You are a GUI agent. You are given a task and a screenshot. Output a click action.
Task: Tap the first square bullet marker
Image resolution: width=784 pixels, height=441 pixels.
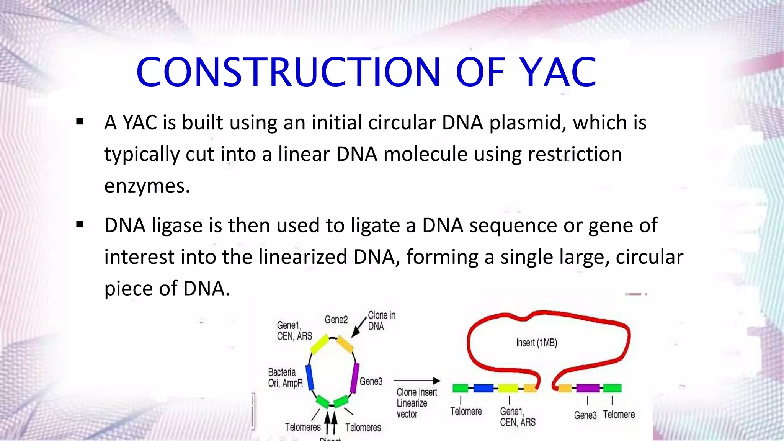[x=80, y=122]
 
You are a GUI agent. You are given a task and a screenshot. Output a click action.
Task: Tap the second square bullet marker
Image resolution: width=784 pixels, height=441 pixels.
[x=80, y=224]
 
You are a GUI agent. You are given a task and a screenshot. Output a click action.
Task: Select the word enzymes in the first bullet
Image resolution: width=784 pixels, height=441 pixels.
[x=147, y=186]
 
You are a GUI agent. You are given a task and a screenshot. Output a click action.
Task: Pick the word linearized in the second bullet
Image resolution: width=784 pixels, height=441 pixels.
[x=302, y=257]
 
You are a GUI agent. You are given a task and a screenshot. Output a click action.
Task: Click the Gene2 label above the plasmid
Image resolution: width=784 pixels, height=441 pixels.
[x=336, y=320]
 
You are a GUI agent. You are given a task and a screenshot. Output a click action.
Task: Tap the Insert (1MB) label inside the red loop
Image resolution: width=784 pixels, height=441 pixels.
[x=536, y=343]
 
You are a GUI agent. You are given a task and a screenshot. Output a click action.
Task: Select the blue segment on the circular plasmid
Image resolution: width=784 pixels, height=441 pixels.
[x=310, y=377]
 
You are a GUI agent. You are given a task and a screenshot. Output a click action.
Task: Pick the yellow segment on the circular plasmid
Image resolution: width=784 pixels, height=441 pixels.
[x=319, y=344]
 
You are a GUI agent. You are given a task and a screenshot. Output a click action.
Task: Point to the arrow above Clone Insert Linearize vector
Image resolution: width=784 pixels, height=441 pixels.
[x=417, y=381]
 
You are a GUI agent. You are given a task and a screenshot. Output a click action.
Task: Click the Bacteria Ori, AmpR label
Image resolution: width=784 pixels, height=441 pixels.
[x=285, y=377]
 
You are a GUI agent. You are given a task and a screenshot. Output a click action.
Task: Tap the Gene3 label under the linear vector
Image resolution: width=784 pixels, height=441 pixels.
[x=585, y=415]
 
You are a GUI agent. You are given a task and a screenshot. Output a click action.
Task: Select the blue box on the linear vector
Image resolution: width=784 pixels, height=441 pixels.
[x=483, y=388]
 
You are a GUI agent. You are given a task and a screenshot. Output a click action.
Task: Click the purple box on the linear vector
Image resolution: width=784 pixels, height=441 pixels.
[x=588, y=388]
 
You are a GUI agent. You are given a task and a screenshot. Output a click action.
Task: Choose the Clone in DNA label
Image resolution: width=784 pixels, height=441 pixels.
[x=381, y=321]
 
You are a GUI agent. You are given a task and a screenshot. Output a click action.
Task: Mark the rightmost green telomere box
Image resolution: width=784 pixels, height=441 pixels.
[x=612, y=388]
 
